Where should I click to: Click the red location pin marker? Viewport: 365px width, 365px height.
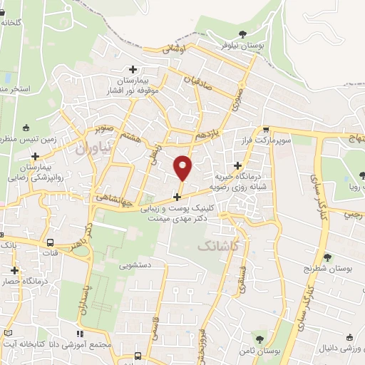(x=183, y=167)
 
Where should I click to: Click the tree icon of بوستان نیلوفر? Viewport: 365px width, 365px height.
(x=242, y=34)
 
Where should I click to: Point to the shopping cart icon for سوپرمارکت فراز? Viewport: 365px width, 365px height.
(x=266, y=130)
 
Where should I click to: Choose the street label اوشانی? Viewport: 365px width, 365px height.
(x=174, y=50)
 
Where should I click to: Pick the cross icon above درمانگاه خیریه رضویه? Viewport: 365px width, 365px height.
(x=237, y=165)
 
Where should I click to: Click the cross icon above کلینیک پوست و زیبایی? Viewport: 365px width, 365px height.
(x=177, y=196)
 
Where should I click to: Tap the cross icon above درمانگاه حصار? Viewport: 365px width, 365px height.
(x=14, y=270)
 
